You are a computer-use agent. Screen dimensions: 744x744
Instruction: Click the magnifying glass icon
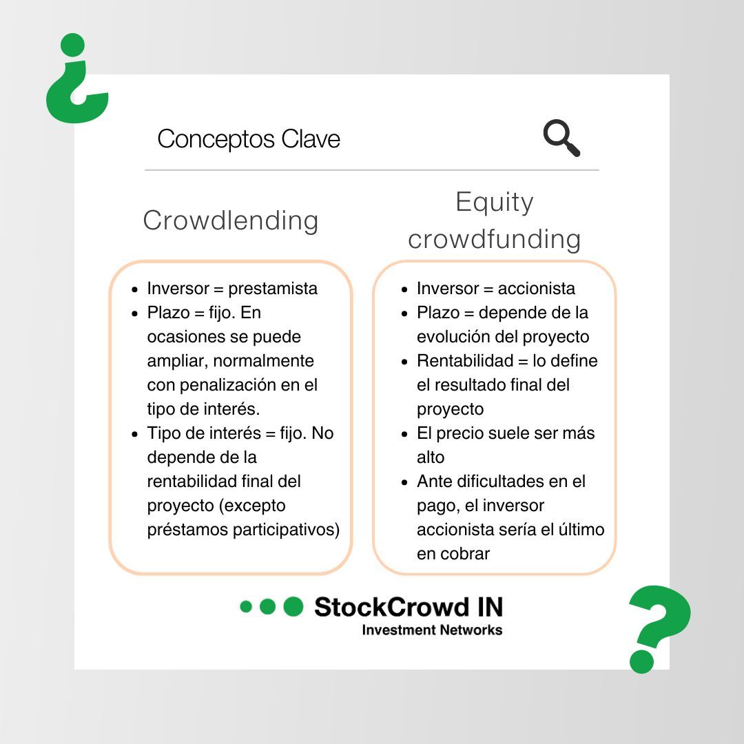click(x=561, y=137)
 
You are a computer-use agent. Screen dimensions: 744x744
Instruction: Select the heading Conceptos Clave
click(x=249, y=139)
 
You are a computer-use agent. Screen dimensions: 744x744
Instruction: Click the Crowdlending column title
click(x=231, y=220)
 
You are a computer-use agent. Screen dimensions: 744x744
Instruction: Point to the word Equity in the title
click(x=495, y=202)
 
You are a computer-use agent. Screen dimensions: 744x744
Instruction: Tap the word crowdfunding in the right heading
click(x=495, y=239)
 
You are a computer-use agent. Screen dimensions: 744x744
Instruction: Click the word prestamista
click(x=273, y=289)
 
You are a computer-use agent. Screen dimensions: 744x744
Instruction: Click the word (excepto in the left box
click(x=252, y=506)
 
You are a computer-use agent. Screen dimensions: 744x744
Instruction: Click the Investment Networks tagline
click(x=432, y=630)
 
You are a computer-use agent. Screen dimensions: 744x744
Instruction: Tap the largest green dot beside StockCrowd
click(x=293, y=606)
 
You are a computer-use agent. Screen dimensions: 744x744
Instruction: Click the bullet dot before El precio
click(x=406, y=434)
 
